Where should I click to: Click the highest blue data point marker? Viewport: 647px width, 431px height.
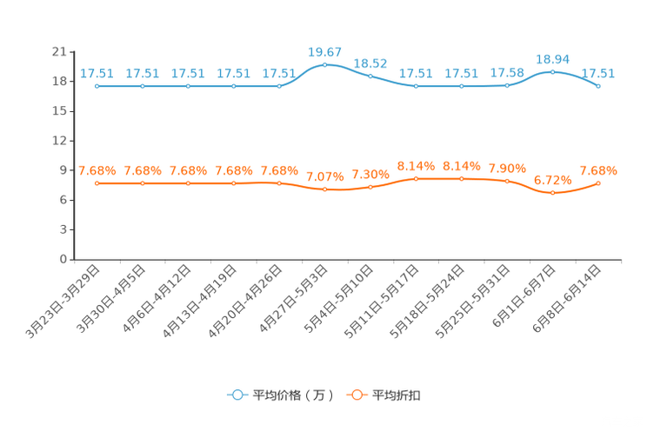(325, 64)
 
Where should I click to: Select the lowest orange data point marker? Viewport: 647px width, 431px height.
(553, 192)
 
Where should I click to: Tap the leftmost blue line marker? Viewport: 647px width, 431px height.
(97, 86)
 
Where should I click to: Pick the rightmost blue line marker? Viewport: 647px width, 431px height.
(599, 86)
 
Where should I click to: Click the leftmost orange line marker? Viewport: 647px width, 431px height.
(97, 182)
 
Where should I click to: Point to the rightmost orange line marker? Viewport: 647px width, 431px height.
(599, 182)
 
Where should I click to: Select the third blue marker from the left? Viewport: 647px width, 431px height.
(189, 86)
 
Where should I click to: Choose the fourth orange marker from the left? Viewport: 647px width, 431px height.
(234, 182)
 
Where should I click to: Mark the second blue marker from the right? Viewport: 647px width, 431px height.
(553, 71)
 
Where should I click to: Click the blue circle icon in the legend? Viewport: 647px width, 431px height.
(237, 395)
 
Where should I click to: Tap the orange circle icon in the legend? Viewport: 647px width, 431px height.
(356, 395)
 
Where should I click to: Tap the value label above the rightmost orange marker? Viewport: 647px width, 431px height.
(599, 170)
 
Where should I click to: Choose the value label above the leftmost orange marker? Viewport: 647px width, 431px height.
(97, 170)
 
